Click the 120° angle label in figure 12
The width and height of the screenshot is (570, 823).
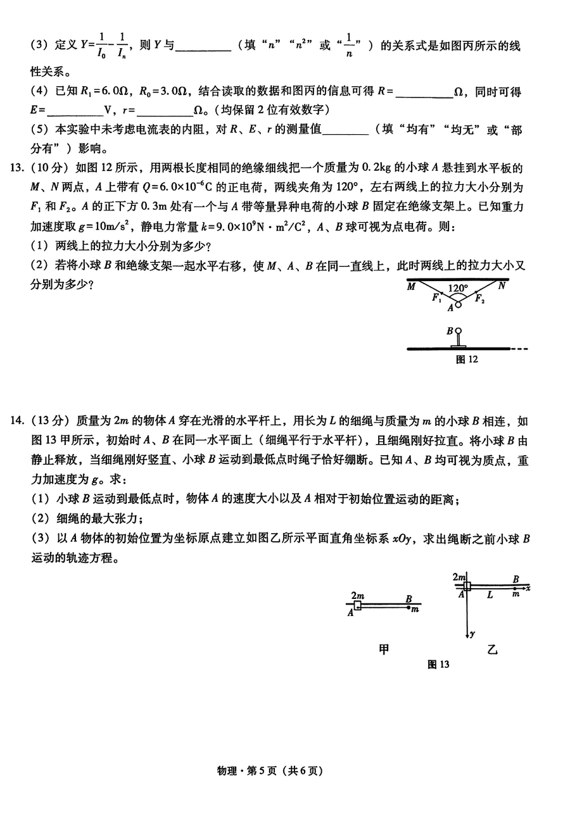pos(458,289)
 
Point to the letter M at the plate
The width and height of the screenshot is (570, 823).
pos(412,286)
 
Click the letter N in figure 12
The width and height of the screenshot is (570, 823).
pos(502,286)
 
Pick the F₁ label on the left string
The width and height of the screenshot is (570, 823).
pos(436,298)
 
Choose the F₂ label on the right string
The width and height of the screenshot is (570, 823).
pos(480,298)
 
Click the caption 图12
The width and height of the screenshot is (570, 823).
pos(467,360)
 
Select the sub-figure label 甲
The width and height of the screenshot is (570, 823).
pos(384,648)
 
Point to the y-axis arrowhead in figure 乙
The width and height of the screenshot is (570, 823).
pos(467,633)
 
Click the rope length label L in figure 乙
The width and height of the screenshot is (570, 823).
pos(490,596)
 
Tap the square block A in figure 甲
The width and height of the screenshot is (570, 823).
pos(357,606)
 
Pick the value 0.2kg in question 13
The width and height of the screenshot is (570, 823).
pos(377,169)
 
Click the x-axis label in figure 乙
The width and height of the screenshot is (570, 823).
pos(528,588)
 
